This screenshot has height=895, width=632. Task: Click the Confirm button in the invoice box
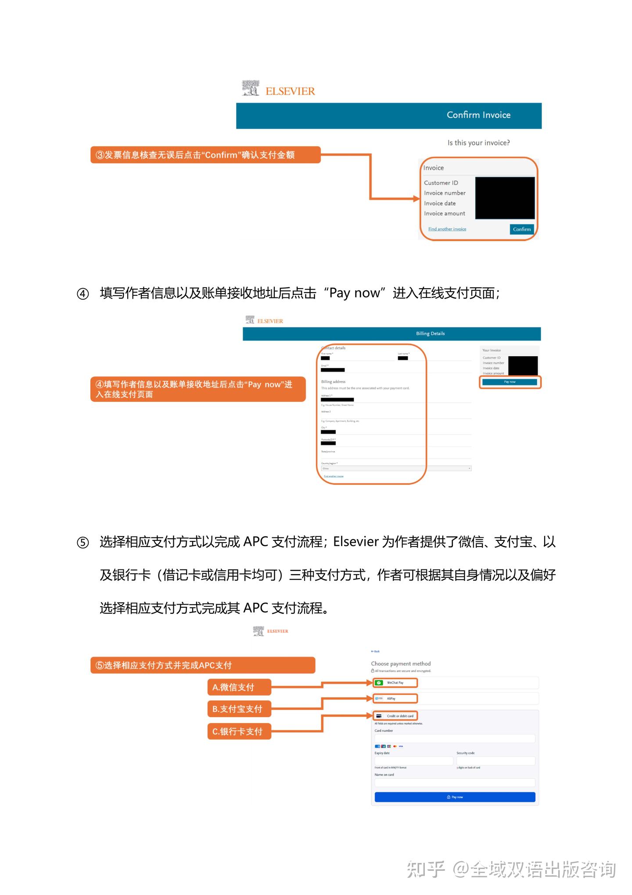(x=521, y=229)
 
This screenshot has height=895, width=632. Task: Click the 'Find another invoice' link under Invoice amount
(x=447, y=229)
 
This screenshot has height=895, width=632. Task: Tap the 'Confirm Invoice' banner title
(x=478, y=115)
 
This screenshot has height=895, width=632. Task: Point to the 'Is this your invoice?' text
(x=478, y=143)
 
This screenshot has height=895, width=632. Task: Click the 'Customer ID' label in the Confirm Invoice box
(x=441, y=183)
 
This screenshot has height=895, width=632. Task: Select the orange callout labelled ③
(x=205, y=155)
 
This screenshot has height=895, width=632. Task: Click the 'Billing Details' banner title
(x=430, y=333)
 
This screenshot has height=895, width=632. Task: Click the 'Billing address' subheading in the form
(x=333, y=382)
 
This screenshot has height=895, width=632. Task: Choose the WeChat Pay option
(x=395, y=683)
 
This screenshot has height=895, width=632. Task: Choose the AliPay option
(x=395, y=699)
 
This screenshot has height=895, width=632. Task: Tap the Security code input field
(x=496, y=761)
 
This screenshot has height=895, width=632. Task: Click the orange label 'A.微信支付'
(x=239, y=687)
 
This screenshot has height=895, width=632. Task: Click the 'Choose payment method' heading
(x=401, y=664)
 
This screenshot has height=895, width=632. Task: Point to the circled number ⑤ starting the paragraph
(x=83, y=543)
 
